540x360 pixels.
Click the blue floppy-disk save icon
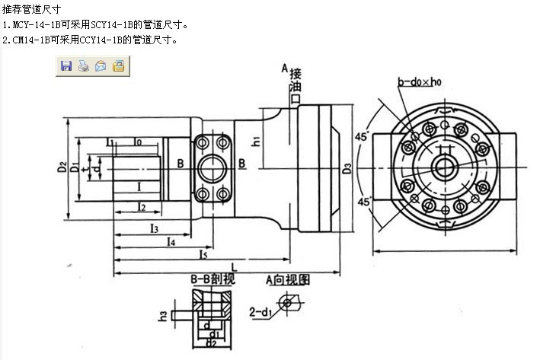(66, 66)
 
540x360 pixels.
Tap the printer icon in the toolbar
(83, 66)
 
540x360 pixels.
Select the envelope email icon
(101, 66)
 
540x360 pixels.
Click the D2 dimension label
(62, 166)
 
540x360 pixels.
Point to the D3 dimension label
(347, 167)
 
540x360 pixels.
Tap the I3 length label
(153, 228)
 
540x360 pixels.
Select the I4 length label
(171, 241)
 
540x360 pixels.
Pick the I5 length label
(203, 254)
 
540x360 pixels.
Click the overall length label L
(233, 267)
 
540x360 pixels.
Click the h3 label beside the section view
(162, 314)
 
